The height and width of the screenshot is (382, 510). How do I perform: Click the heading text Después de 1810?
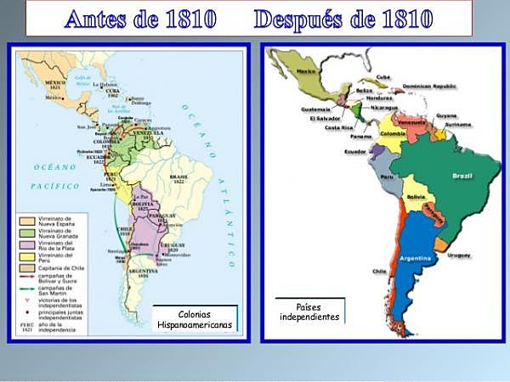point(343,18)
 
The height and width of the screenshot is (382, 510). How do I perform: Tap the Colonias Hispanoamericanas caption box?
point(194,318)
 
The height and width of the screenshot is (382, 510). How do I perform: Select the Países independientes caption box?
point(309,312)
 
